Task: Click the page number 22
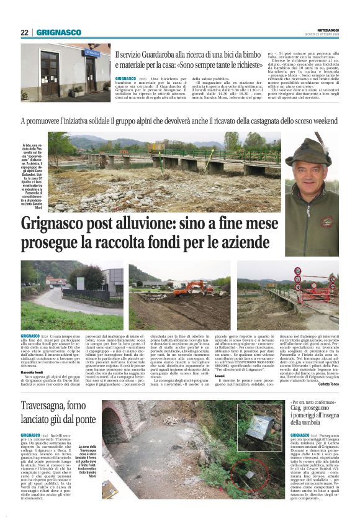24,32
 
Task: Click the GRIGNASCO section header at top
58,32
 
